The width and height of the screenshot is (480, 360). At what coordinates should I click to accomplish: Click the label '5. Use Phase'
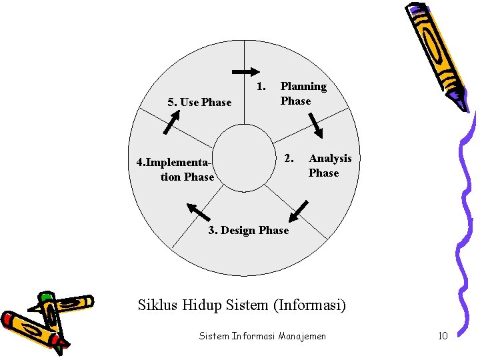point(199,102)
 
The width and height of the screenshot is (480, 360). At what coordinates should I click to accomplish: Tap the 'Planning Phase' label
point(303,93)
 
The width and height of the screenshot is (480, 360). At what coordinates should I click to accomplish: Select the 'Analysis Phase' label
point(329,165)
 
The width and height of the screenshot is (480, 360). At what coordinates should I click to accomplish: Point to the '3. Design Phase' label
point(248,230)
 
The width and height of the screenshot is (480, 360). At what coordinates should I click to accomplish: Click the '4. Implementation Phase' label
point(175,169)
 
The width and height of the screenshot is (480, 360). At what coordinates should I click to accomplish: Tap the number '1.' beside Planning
point(261,86)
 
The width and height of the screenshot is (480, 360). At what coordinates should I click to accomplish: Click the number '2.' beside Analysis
point(289,158)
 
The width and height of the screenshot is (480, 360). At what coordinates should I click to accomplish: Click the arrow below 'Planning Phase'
point(315,125)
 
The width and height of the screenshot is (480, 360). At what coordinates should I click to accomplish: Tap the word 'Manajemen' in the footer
point(303,336)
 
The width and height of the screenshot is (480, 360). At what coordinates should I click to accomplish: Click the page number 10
point(443,336)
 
